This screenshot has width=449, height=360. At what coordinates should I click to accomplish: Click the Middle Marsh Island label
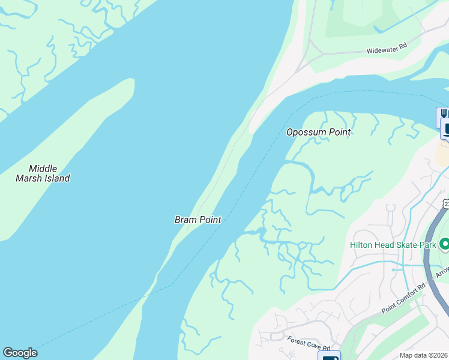coord(43,173)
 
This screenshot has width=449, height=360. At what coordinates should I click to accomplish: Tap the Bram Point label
coord(198,220)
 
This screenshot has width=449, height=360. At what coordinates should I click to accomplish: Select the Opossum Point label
coord(318,132)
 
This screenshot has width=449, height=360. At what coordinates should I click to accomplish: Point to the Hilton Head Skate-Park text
coord(393,244)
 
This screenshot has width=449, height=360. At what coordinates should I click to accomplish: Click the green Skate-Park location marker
coord(444,244)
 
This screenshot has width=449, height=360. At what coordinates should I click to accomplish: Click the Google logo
coord(20,353)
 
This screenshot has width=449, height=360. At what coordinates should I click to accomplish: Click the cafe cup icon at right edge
coord(445,128)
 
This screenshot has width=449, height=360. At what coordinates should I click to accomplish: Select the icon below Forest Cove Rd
coord(328,356)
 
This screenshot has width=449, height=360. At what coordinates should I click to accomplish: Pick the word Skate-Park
coord(415,244)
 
